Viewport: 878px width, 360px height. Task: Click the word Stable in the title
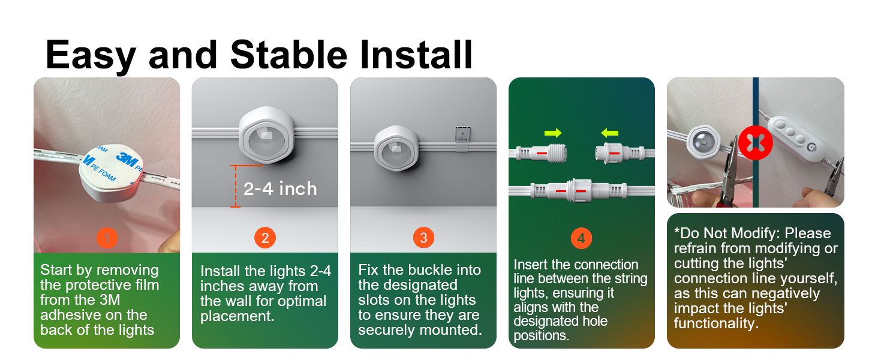click(x=288, y=55)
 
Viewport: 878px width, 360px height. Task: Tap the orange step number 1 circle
click(x=107, y=238)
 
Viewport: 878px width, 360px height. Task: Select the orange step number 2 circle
click(x=265, y=238)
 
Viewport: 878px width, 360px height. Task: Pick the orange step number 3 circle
click(x=423, y=238)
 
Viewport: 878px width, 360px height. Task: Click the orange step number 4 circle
click(x=581, y=238)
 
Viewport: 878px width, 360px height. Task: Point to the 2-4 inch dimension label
click(x=280, y=189)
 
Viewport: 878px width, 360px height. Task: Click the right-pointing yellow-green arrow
click(x=553, y=133)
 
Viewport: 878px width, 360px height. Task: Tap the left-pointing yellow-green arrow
click(x=609, y=133)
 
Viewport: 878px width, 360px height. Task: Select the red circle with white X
click(x=755, y=143)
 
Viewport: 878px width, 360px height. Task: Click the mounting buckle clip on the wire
click(x=462, y=139)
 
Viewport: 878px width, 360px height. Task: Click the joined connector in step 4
click(x=579, y=191)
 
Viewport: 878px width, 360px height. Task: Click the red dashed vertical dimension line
click(x=235, y=186)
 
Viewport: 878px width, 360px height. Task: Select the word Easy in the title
click(x=91, y=56)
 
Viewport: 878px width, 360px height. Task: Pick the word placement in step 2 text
click(x=237, y=316)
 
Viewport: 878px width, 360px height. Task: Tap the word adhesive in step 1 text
click(x=94, y=315)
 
